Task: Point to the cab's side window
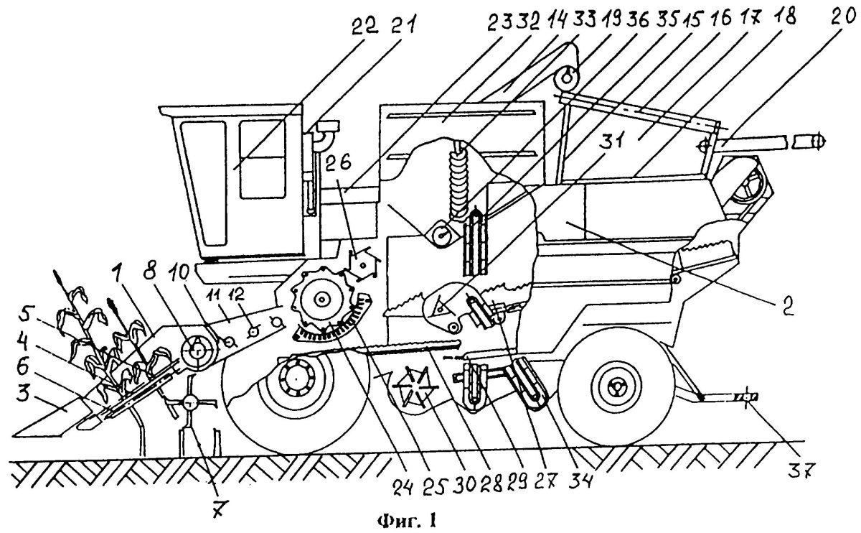260,159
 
